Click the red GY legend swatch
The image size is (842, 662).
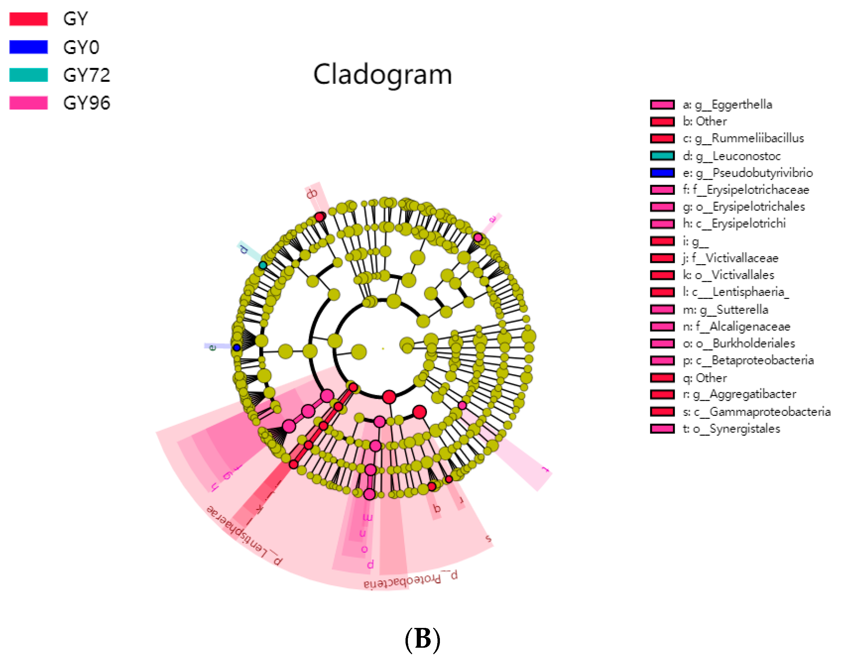(x=28, y=19)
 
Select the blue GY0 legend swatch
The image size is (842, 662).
(x=28, y=47)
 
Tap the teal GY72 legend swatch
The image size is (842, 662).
(x=28, y=75)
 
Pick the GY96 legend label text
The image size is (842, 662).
(x=87, y=103)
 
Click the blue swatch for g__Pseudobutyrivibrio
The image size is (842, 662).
(x=662, y=173)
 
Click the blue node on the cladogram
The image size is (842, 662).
(x=237, y=348)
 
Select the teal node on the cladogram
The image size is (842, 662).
(x=263, y=266)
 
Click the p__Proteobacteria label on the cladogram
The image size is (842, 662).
(x=411, y=580)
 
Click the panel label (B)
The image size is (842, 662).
(x=422, y=639)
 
